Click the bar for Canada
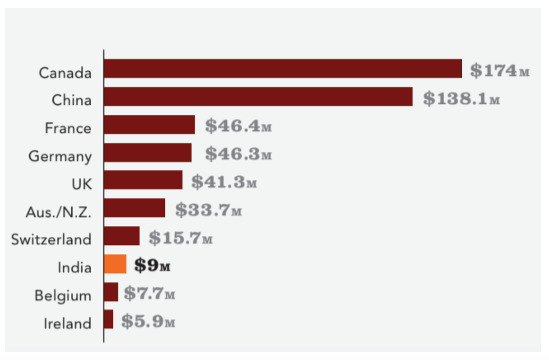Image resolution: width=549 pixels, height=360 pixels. (x=283, y=69)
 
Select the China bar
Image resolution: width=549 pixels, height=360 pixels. (x=258, y=97)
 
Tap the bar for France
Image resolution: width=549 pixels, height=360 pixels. (x=149, y=125)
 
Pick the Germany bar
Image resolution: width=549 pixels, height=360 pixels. (x=148, y=153)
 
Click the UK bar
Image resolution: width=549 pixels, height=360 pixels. (x=143, y=180)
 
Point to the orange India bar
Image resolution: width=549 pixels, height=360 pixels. (x=115, y=264)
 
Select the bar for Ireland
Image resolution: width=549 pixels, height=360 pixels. (x=109, y=319)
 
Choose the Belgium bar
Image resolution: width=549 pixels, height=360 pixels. (x=111, y=292)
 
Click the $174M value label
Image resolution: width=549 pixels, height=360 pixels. (x=500, y=70)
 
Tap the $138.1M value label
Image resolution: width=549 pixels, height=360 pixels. (x=461, y=98)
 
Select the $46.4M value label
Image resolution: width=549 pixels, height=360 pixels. (x=238, y=126)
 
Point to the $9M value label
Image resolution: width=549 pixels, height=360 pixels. (x=152, y=265)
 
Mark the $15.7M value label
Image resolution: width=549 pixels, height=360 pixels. (x=180, y=238)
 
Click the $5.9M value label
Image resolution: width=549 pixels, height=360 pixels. (x=148, y=321)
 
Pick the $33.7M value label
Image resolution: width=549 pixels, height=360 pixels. (x=208, y=210)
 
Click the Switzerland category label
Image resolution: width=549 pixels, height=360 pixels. (x=52, y=239)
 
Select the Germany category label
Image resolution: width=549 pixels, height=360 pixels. (x=60, y=156)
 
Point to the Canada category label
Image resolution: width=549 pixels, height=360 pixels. (x=65, y=73)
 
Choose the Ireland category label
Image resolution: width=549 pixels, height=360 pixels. (x=67, y=323)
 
